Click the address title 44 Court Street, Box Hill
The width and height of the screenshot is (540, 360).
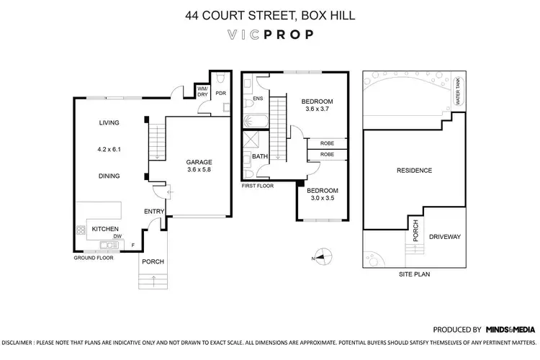[269, 13]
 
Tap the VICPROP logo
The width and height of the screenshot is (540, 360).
[269, 34]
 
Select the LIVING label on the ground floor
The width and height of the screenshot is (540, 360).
[109, 123]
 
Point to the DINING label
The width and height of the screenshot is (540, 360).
[109, 176]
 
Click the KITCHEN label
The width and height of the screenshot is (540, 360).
[105, 229]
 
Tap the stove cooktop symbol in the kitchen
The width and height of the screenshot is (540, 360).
[80, 231]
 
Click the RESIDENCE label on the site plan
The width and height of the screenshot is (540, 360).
[414, 171]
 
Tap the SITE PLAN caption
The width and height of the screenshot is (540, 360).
[414, 274]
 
